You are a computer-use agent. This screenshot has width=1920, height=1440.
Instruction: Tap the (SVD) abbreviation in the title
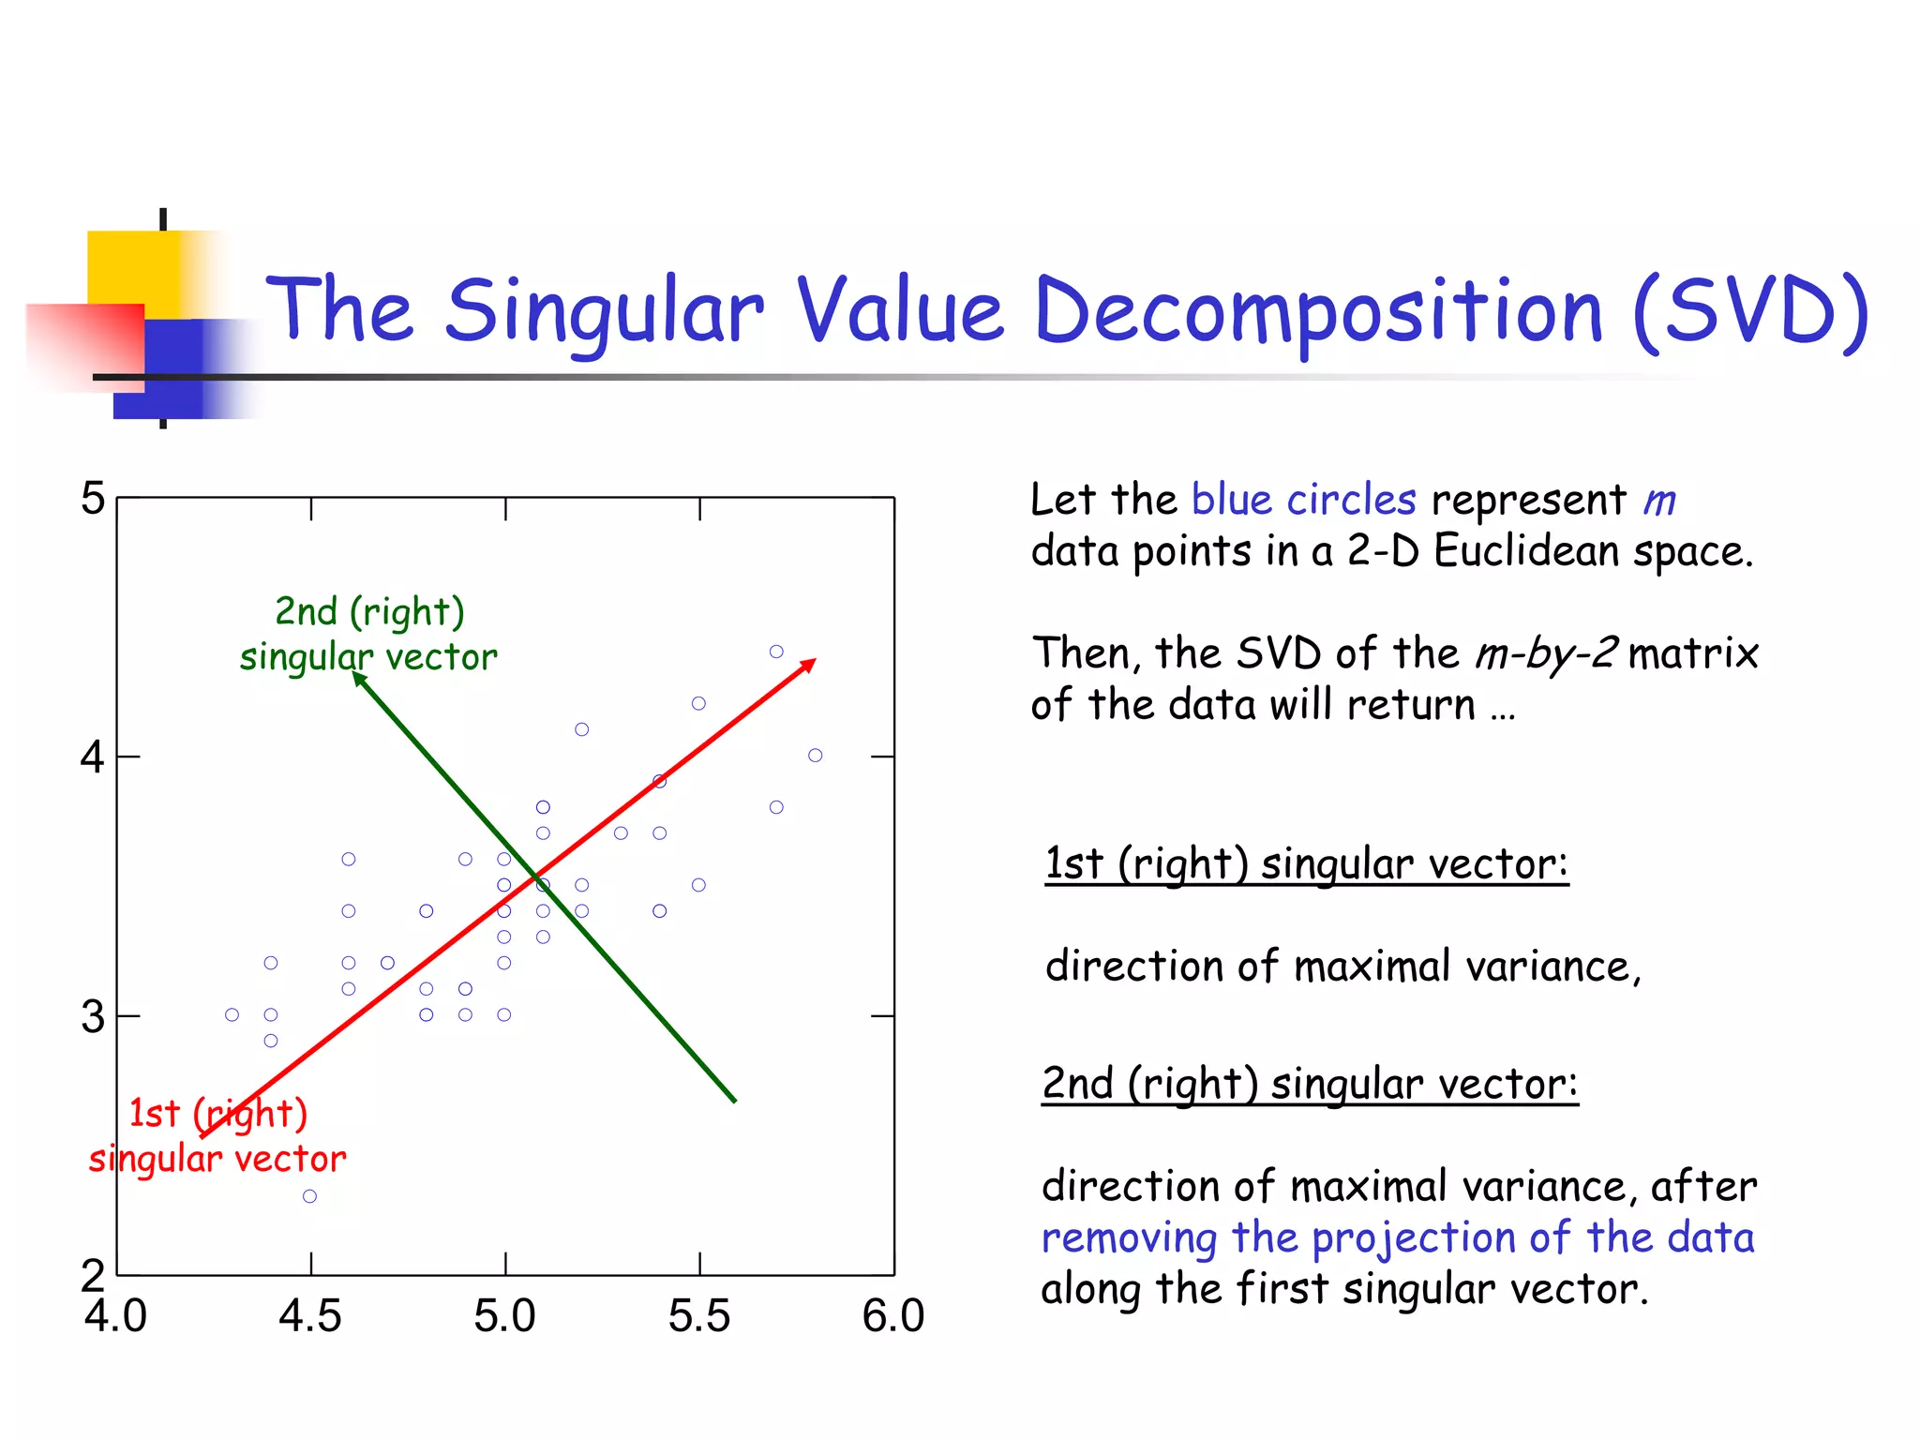coord(1750,311)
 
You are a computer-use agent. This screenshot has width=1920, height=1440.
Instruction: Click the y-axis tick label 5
coord(92,499)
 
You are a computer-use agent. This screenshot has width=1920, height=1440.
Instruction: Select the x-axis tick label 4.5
coord(310,1316)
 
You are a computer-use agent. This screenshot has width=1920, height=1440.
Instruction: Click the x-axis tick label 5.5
coord(699,1316)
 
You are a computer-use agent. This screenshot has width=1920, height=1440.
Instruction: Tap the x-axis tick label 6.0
coord(893,1316)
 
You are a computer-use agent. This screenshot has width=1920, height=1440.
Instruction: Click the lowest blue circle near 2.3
coord(309,1196)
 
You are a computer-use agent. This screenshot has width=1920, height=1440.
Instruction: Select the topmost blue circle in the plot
coord(776,652)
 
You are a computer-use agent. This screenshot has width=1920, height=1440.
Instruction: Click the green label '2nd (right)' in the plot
coord(369,612)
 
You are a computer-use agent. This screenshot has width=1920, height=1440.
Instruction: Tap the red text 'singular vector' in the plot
coord(217,1160)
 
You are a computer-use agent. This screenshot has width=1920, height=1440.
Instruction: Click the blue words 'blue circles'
coord(1303,500)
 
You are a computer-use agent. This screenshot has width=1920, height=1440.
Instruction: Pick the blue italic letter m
coord(1659,501)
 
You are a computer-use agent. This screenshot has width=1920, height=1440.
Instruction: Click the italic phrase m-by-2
coord(1546,652)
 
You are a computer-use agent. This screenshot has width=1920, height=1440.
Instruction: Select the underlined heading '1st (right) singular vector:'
coord(1306,863)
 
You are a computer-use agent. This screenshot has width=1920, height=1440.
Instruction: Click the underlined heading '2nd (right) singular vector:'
coord(1310,1084)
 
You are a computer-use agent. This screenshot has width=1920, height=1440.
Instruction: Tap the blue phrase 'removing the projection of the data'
coord(1397,1237)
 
